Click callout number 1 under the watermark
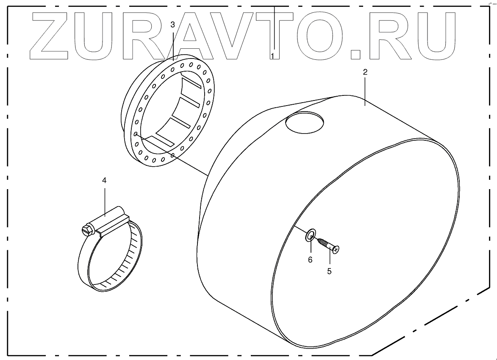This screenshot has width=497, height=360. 273,56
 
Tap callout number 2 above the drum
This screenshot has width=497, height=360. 365,72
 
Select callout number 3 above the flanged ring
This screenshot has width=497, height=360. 172,25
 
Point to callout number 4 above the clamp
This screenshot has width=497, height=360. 104,180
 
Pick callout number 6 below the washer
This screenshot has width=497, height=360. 310,260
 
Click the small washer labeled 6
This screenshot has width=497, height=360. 311,234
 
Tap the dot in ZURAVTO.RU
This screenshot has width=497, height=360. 356,54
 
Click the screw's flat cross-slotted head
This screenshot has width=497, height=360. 336,251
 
